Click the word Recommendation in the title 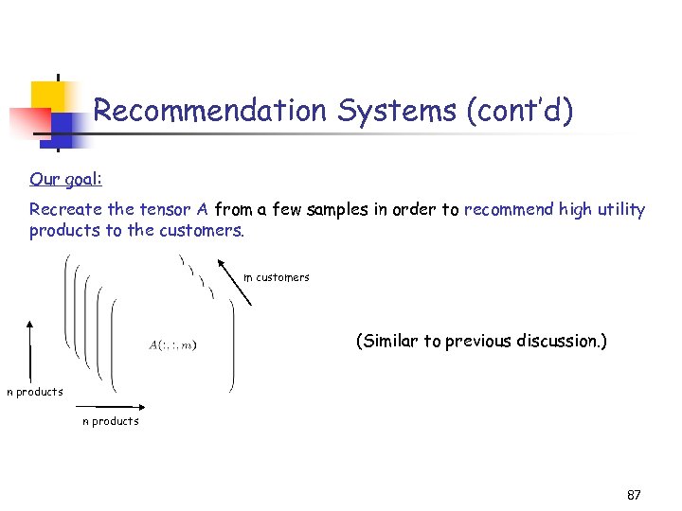(209, 111)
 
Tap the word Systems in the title (396, 111)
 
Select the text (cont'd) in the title (520, 111)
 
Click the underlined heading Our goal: (65, 179)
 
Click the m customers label (277, 277)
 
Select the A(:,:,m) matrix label (174, 344)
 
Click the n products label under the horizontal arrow (111, 421)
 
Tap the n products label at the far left (35, 392)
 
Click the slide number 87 (634, 495)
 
